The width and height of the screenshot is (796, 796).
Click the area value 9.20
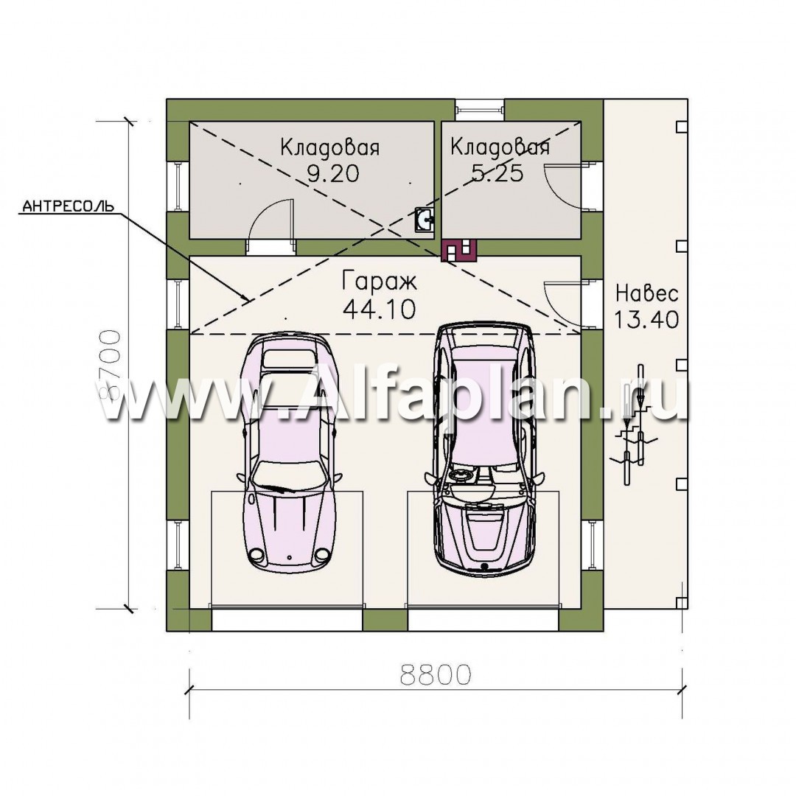333,174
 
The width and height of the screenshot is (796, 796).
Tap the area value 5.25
497,174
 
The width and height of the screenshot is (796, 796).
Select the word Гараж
380,281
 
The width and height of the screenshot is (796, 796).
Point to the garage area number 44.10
380,309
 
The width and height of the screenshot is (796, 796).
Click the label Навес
647,293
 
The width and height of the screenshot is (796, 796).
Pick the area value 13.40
647,320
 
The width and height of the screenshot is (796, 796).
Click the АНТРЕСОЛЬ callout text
69,206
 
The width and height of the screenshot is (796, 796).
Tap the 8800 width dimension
436,674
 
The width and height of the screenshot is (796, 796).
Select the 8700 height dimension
109,366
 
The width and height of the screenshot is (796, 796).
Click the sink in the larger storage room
424,220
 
